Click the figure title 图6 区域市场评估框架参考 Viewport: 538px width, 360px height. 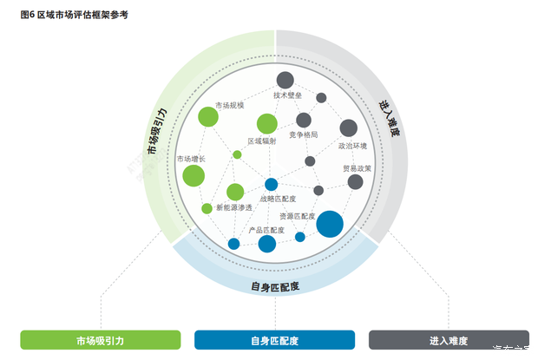[x=74, y=15]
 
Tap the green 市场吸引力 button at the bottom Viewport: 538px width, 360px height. [x=101, y=340]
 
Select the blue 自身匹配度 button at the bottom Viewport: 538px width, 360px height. [x=274, y=340]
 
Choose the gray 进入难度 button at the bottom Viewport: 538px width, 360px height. [x=449, y=340]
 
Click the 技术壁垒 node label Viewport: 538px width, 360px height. [x=287, y=95]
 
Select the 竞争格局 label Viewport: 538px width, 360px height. [x=304, y=135]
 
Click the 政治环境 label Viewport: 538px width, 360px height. [x=353, y=146]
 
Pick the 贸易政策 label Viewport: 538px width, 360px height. [x=357, y=168]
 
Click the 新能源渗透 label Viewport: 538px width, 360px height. [x=234, y=208]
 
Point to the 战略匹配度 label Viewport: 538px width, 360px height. [x=278, y=199]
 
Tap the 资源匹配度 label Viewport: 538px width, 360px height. [x=297, y=215]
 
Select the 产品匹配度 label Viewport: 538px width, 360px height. [x=267, y=230]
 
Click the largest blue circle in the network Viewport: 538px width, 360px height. [x=330, y=224]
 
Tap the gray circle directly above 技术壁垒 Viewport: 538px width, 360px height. [x=285, y=80]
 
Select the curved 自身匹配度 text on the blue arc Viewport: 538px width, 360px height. [x=275, y=286]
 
